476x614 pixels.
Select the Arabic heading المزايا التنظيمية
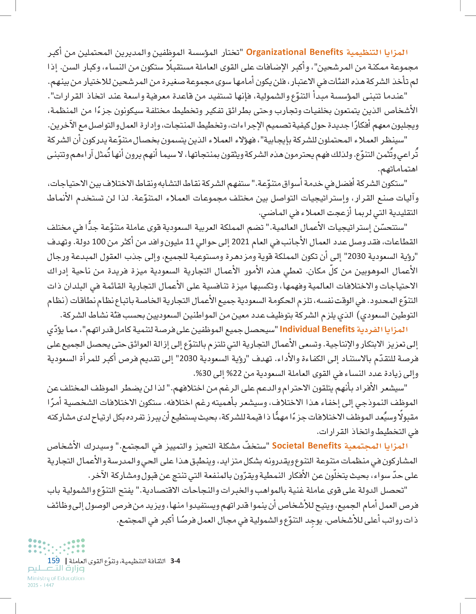tap(376, 52)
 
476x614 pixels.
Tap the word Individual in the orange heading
tap(300, 329)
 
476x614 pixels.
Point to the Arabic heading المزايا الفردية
tap(382, 330)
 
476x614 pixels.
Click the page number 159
tap(54, 560)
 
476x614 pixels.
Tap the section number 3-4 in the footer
tap(175, 561)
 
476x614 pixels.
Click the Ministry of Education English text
tap(56, 578)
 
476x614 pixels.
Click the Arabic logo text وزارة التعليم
tap(56, 569)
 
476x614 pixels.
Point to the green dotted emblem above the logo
tap(56, 546)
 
